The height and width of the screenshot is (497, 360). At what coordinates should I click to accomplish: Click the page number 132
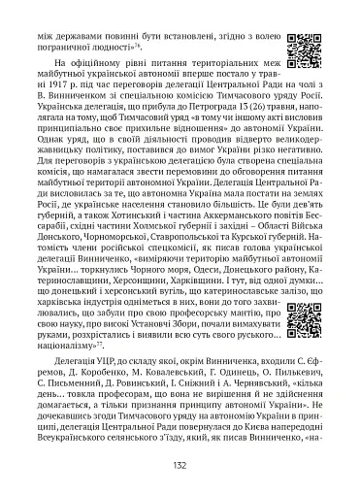point(180,466)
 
